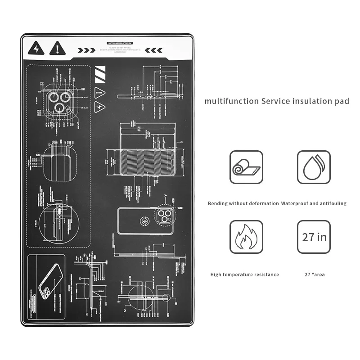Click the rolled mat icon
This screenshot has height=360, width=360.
click(246, 167)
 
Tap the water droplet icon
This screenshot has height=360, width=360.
click(314, 167)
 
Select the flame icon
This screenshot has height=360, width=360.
click(246, 237)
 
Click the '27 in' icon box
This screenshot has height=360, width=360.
click(314, 237)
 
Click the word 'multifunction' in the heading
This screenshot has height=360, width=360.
click(231, 101)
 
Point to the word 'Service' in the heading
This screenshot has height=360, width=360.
click(276, 101)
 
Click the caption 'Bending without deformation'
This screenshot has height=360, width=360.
click(243, 203)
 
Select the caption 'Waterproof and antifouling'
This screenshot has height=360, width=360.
click(314, 203)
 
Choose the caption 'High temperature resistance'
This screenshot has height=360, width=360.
click(244, 274)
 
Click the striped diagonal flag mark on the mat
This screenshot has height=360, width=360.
click(101, 74)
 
